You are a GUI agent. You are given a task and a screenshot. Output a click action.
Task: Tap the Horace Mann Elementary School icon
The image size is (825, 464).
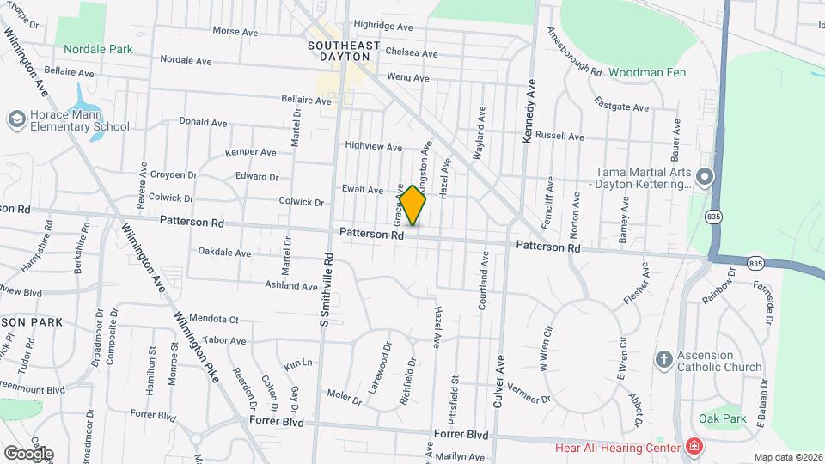(15, 119)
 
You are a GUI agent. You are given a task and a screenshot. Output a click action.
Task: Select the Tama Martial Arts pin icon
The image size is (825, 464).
(706, 178)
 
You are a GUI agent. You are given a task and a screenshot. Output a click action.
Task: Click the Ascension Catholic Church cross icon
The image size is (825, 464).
(663, 360)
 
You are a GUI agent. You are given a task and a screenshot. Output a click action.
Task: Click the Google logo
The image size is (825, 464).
(27, 453)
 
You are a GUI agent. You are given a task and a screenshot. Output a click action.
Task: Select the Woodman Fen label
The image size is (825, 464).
(648, 72)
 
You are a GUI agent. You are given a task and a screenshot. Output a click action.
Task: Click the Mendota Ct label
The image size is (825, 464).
(213, 318)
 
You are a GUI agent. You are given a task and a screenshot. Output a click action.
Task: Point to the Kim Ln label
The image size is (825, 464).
(297, 363)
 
